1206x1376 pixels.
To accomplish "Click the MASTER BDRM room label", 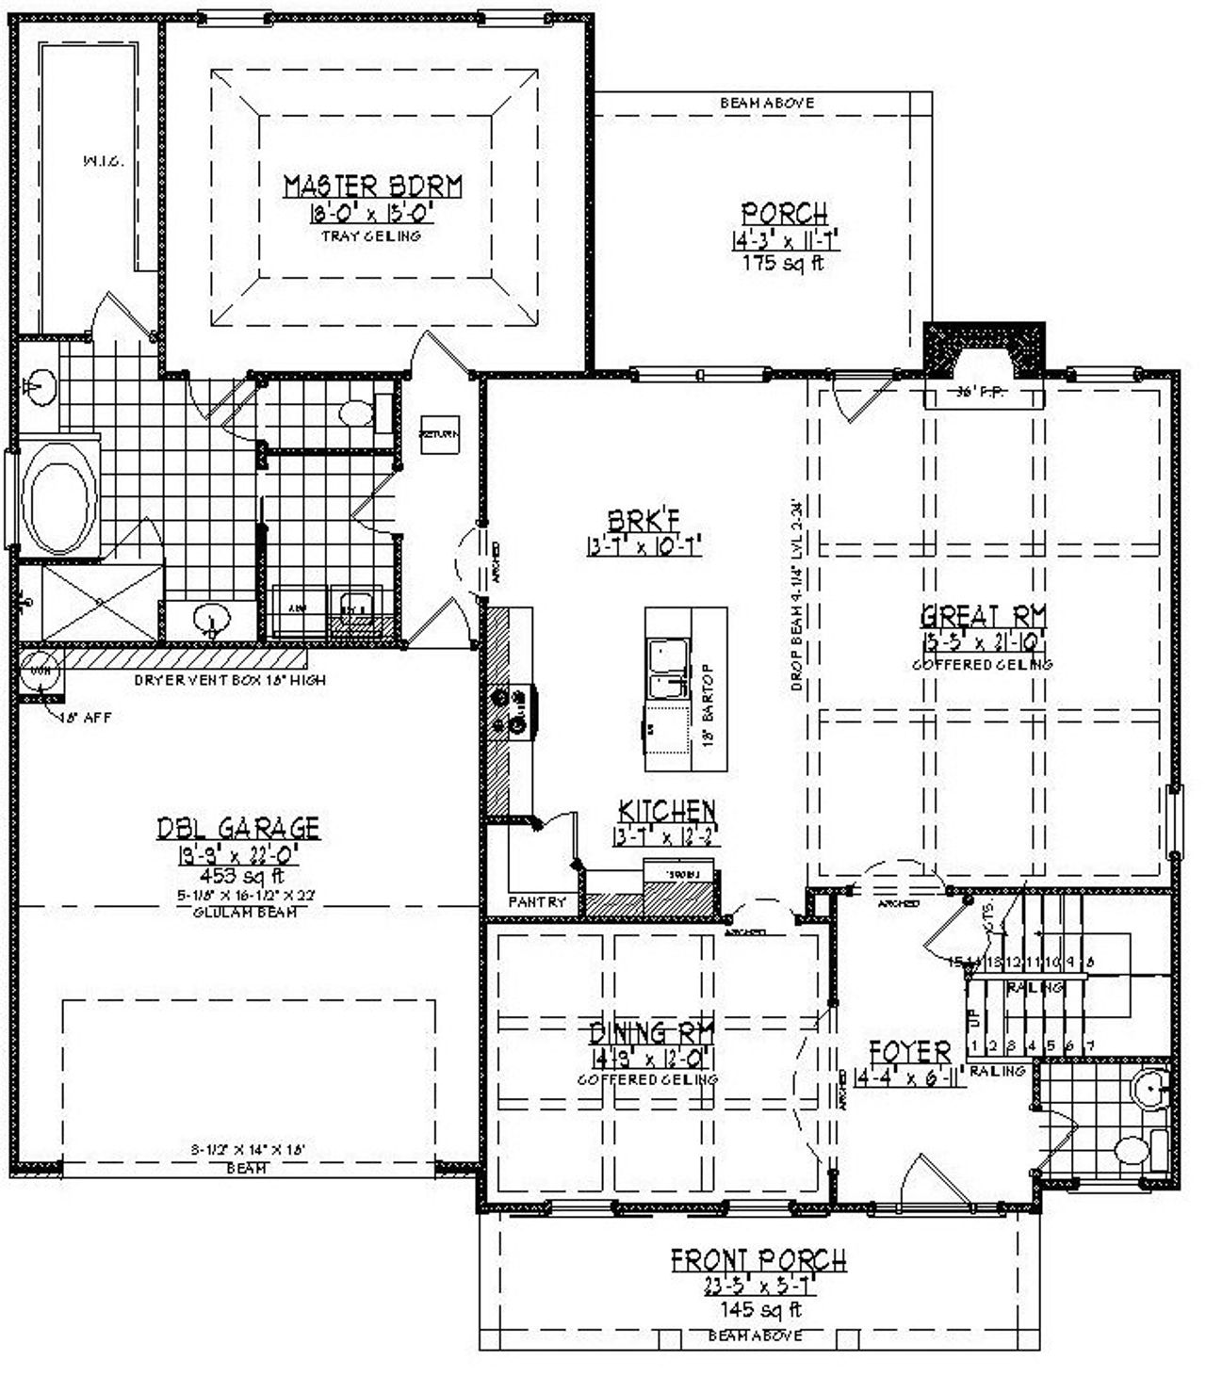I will [373, 186].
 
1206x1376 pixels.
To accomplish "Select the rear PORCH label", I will [784, 214].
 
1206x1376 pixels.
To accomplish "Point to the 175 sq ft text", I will [784, 263].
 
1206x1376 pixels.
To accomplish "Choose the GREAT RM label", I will [983, 617].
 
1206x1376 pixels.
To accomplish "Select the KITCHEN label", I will [666, 810].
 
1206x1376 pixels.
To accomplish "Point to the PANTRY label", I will [537, 902].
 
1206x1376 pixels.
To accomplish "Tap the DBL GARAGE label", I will [238, 828].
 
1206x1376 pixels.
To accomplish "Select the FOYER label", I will [909, 1051].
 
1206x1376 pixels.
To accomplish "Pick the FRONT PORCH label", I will [758, 1259].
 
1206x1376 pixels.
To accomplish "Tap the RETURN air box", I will [439, 434].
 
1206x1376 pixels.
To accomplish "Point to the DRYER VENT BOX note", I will [230, 679].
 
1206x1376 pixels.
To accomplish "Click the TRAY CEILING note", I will [372, 235].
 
